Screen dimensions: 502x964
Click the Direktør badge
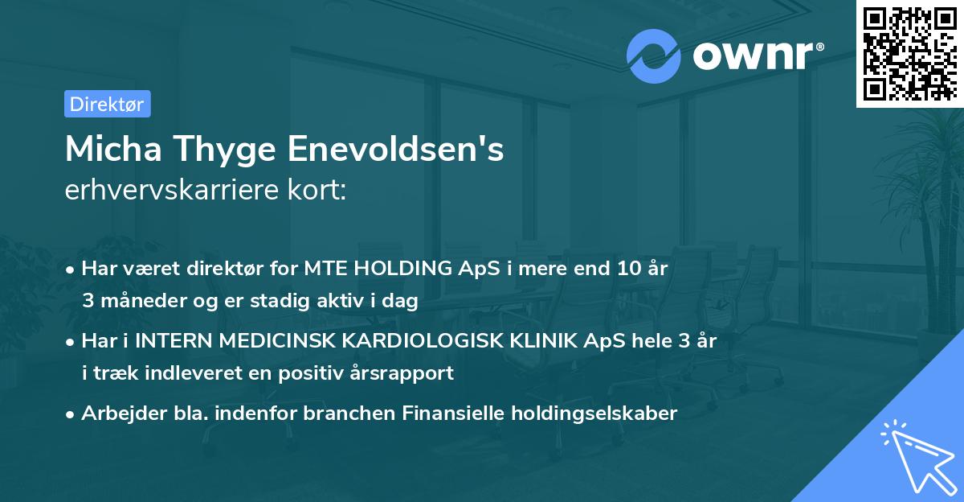point(107,104)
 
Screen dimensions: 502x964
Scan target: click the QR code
point(909,54)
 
